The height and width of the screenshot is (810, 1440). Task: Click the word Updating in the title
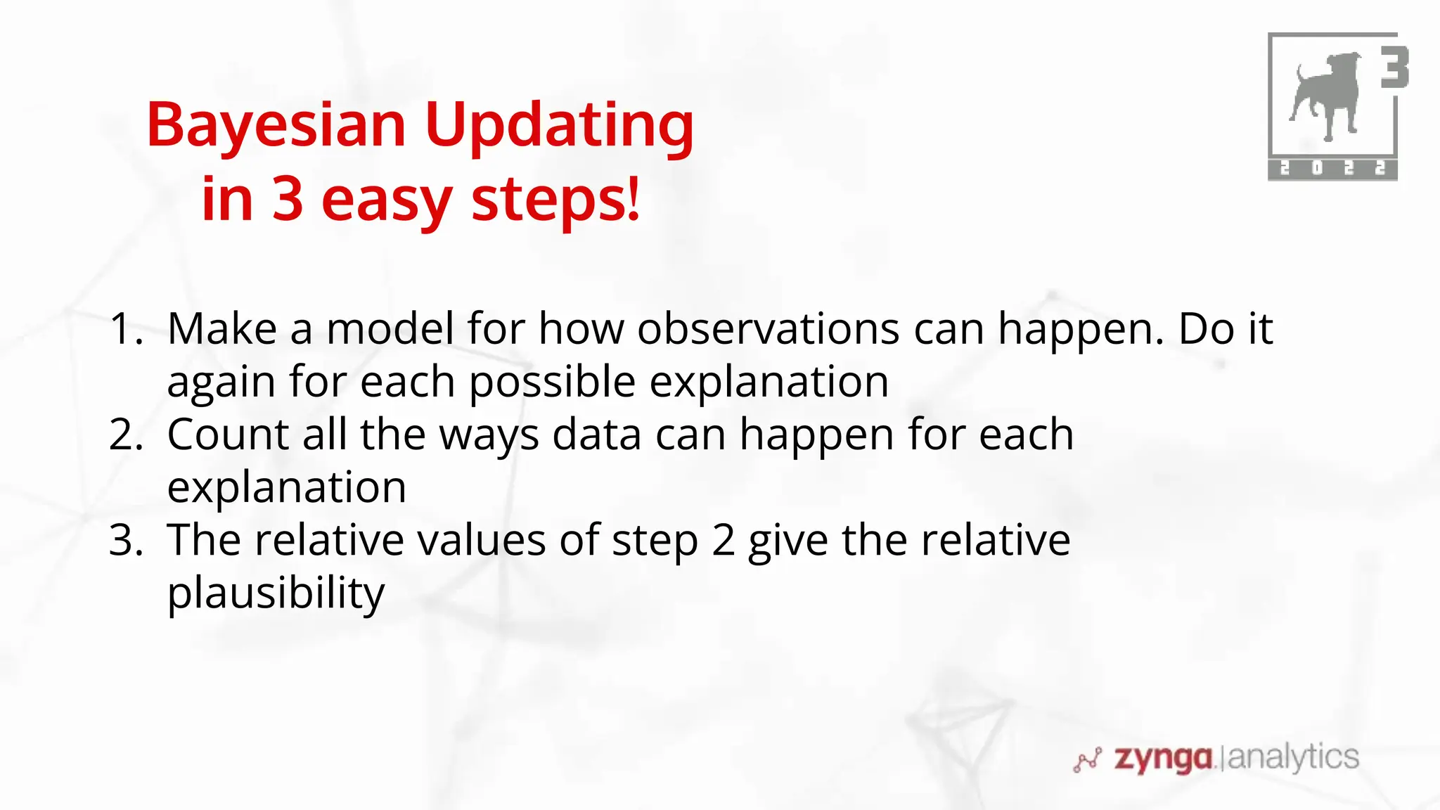click(x=559, y=127)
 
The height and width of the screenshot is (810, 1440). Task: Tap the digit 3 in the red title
click(x=287, y=200)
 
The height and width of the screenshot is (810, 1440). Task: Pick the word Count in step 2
click(x=228, y=435)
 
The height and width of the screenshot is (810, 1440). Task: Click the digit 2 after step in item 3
click(x=723, y=540)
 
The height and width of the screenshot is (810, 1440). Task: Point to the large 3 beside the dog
click(x=1394, y=67)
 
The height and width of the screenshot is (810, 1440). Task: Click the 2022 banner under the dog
click(x=1332, y=169)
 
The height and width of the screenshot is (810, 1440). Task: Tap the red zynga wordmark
click(x=1163, y=758)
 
